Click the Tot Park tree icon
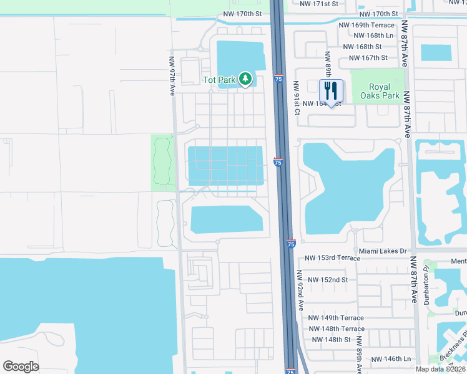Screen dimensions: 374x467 pyautogui.click(x=246, y=79)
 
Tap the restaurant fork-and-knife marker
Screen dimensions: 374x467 pyautogui.click(x=331, y=91)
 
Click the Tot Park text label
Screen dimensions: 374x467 pyautogui.click(x=219, y=80)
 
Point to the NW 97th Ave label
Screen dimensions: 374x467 pyautogui.click(x=172, y=76)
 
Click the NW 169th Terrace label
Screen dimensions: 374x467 pyautogui.click(x=366, y=25)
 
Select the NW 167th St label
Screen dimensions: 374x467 pyautogui.click(x=368, y=58)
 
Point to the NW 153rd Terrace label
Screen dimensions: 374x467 pyautogui.click(x=333, y=257)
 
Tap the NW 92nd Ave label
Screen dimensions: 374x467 pyautogui.click(x=300, y=290)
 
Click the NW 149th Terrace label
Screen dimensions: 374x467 pyautogui.click(x=336, y=318)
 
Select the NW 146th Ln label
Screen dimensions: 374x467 pyautogui.click(x=391, y=359)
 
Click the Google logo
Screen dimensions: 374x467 pyautogui.click(x=21, y=367)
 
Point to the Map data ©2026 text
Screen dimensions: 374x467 pyautogui.click(x=441, y=369)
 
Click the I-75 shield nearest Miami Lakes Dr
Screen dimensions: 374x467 pyautogui.click(x=291, y=244)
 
